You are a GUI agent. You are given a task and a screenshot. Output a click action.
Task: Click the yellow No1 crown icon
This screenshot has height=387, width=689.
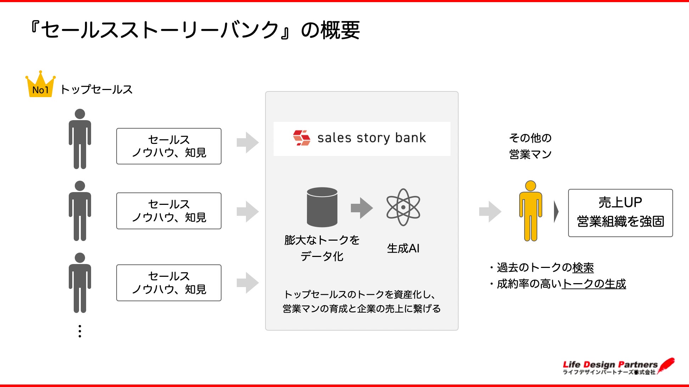[x=40, y=85]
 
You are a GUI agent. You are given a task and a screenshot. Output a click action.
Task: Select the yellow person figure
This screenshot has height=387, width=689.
[x=530, y=211]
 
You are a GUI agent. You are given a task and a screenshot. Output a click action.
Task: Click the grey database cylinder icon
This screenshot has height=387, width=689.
[x=322, y=207]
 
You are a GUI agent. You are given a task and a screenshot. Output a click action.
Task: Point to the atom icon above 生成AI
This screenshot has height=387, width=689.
[x=403, y=207]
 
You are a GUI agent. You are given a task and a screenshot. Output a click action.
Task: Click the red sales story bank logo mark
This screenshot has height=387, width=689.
[x=302, y=138]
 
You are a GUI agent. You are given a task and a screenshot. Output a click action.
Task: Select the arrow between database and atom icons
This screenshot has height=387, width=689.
[x=362, y=208]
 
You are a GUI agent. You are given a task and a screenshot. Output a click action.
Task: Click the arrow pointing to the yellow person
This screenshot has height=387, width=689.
[x=490, y=212]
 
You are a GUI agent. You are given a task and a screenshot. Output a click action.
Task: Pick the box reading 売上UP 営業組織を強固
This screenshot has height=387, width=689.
[x=620, y=213]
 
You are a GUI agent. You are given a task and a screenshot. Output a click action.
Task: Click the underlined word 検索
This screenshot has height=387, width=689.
[x=583, y=268]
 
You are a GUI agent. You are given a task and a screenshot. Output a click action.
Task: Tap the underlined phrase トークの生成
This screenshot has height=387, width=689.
[x=594, y=284]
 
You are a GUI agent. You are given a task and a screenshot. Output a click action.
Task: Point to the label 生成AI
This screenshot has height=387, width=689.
[x=403, y=248]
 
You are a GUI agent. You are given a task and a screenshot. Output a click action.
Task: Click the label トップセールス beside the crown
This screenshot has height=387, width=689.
[x=96, y=89]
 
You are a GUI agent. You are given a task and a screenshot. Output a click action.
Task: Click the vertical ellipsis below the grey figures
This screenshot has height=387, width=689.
[x=80, y=331]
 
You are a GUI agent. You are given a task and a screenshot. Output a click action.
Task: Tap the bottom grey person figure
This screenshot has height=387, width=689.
[x=80, y=283]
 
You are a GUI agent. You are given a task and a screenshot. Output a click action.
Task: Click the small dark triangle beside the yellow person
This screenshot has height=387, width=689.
[x=556, y=212]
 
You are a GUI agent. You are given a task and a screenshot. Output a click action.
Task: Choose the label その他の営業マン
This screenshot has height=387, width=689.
[x=530, y=146]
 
